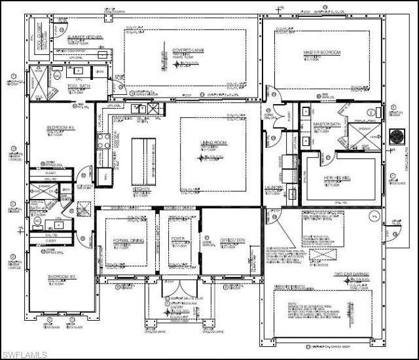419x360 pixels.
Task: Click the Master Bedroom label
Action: [319, 52]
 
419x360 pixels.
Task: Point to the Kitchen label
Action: [142, 189]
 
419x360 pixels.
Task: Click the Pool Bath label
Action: [79, 86]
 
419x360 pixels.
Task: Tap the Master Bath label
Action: [325, 124]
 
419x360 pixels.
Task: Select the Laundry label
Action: [273, 188]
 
